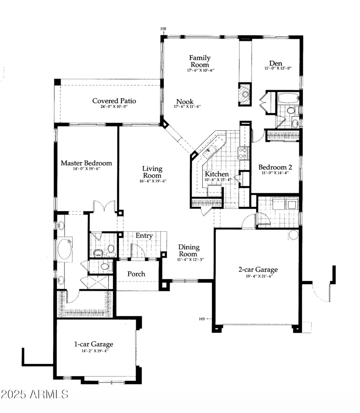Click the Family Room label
tap(200, 61)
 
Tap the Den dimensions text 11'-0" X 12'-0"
tap(278, 68)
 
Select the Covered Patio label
tap(114, 101)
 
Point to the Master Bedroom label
tap(86, 163)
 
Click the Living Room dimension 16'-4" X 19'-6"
tap(153, 181)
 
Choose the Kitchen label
tap(217, 174)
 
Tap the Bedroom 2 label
tap(275, 167)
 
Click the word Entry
tap(144, 236)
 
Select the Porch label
tap(136, 274)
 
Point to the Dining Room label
tap(189, 251)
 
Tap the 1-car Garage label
tap(93, 344)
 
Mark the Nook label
tap(185, 102)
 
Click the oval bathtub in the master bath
tap(65, 249)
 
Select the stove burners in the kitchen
tap(243, 153)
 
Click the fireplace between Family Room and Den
tap(245, 94)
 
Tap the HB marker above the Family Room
tap(163, 29)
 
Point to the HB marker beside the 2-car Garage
tap(202, 319)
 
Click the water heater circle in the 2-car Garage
tap(293, 235)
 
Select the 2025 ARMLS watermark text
tap(34, 395)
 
